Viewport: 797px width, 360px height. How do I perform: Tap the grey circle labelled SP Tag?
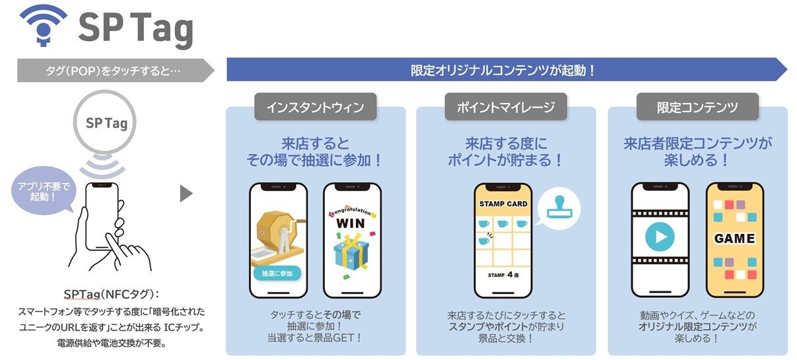tap(107, 123)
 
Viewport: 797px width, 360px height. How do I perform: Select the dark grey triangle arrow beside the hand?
tap(186, 194)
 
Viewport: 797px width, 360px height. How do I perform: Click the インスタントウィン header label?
tap(315, 107)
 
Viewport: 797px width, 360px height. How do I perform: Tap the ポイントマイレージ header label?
tap(505, 107)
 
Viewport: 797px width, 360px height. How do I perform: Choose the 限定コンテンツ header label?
tap(697, 107)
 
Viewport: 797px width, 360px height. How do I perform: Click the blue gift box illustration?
tap(351, 252)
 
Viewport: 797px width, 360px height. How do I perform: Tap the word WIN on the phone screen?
tap(351, 223)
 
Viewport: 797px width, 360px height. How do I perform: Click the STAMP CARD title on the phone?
tap(503, 204)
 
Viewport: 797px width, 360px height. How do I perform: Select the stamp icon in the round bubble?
tap(562, 210)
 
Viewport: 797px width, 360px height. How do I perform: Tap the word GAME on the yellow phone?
tap(734, 238)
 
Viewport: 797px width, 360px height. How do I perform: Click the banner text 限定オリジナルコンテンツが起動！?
tap(503, 69)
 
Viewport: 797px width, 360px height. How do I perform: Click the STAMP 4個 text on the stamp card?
tap(503, 274)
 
